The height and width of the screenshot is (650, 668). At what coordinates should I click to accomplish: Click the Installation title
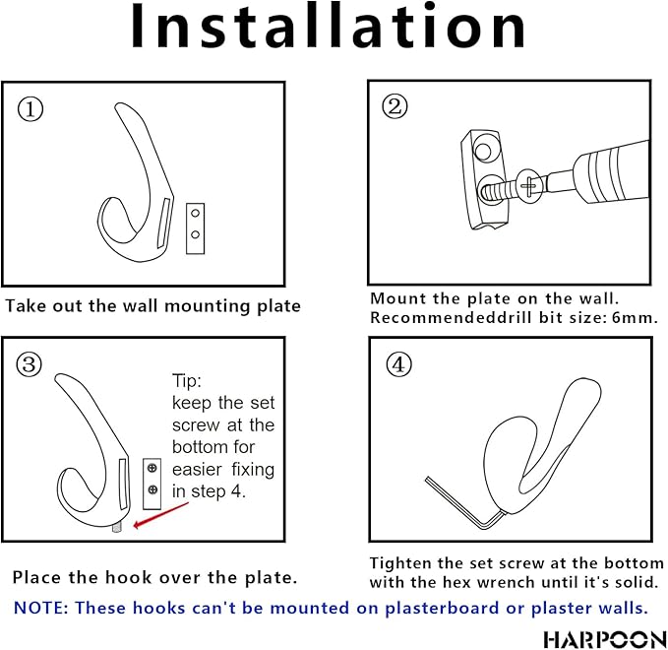pyautogui.click(x=328, y=27)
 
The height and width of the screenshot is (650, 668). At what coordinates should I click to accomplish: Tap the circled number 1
pyautogui.click(x=30, y=109)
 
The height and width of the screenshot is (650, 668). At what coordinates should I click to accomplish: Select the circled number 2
pyautogui.click(x=395, y=106)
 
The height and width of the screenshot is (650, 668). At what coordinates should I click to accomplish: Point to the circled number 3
pyautogui.click(x=29, y=364)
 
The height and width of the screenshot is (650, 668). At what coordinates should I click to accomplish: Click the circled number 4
pyautogui.click(x=398, y=364)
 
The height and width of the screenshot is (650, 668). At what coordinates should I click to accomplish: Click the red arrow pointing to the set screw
pyautogui.click(x=161, y=514)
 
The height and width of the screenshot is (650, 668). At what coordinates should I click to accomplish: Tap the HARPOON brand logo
pyautogui.click(x=605, y=639)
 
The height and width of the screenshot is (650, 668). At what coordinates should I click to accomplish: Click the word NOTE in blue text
pyautogui.click(x=41, y=608)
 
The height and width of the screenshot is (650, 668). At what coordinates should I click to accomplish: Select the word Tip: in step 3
pyautogui.click(x=187, y=380)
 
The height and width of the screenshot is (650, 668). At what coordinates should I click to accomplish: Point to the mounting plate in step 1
pyautogui.click(x=196, y=228)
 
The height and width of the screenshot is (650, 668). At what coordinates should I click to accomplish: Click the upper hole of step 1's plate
pyautogui.click(x=196, y=214)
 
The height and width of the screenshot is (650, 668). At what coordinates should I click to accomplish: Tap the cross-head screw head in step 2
pyautogui.click(x=528, y=186)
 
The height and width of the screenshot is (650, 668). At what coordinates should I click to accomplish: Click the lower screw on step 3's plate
pyautogui.click(x=152, y=489)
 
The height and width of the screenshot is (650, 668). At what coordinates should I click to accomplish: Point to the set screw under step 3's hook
pyautogui.click(x=117, y=528)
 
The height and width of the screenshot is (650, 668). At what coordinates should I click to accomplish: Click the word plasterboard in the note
pyautogui.click(x=442, y=609)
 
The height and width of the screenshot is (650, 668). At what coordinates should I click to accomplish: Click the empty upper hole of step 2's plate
pyautogui.click(x=483, y=152)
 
